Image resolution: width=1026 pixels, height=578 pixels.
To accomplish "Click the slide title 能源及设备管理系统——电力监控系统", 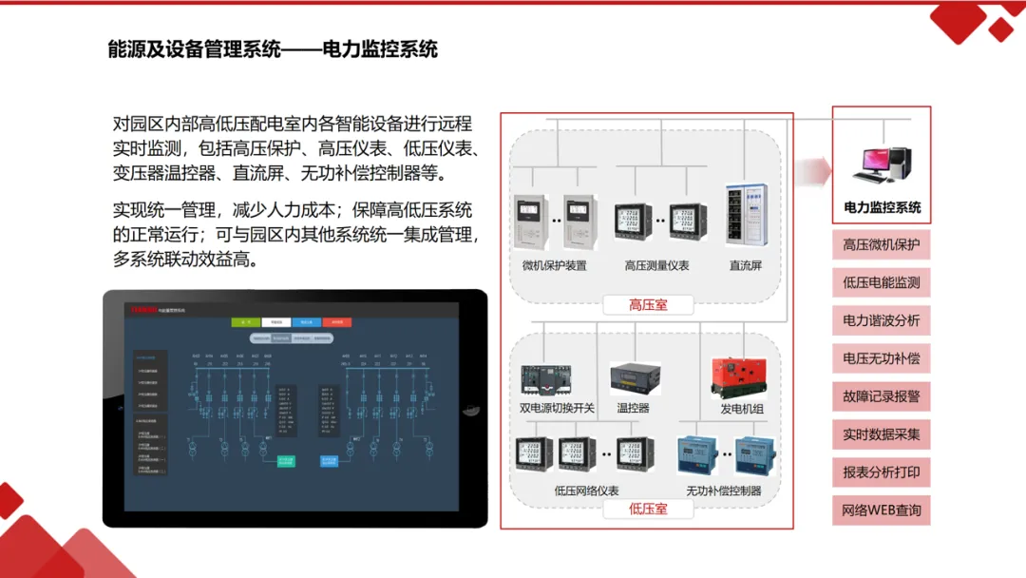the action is click(273, 49).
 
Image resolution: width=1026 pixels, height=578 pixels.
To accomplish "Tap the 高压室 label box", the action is click(648, 305).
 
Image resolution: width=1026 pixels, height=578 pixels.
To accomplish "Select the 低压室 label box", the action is click(648, 509).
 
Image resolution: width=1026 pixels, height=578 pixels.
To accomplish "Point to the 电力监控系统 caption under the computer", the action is click(882, 207).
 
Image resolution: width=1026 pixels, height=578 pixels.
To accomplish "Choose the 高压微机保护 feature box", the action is click(882, 245).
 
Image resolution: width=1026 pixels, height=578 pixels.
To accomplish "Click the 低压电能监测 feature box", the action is click(882, 283).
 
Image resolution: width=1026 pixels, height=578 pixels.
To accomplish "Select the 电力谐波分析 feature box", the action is click(882, 321).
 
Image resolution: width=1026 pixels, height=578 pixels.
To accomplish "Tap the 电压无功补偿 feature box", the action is click(882, 359).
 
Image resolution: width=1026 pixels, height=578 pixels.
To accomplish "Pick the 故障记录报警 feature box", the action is click(882, 397).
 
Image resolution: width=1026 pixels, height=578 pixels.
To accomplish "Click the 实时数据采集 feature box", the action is click(882, 434).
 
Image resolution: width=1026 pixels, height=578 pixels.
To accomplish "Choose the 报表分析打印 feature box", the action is click(882, 472).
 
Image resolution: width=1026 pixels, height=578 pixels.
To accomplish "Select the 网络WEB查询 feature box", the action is click(882, 511).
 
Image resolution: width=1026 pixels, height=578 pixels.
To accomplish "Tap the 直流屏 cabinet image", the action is click(746, 219).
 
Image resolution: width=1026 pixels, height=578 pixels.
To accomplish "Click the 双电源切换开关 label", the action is click(557, 408).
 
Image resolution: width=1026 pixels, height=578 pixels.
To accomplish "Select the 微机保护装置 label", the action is click(555, 265).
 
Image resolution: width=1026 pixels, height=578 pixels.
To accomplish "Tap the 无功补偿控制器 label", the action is click(724, 491).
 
